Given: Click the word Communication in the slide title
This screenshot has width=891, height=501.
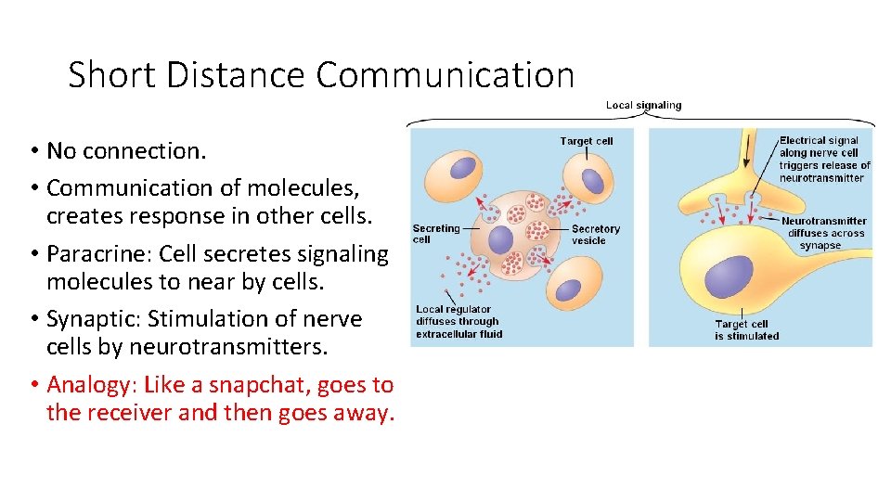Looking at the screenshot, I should pos(445,74).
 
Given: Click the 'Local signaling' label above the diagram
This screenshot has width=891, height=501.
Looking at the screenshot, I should pos(643,105).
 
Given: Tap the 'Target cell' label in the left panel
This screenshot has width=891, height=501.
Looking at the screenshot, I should pos(587,141).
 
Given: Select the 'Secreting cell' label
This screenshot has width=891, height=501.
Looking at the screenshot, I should pos(435,234).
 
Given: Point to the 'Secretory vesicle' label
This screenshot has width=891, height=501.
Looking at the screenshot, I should pos(595,234).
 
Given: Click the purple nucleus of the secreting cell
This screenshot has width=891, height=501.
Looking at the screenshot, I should pos(500,240).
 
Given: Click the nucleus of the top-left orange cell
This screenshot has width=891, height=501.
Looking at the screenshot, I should pos(462,169).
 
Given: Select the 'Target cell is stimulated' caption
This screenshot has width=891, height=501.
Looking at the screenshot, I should pos(746,330).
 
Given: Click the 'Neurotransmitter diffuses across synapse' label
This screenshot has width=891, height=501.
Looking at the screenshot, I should pos(823,233).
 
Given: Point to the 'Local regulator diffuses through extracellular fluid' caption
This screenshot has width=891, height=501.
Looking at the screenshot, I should pos(458,321).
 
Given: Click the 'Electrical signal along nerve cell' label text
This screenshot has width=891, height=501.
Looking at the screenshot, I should pos(820,147).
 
